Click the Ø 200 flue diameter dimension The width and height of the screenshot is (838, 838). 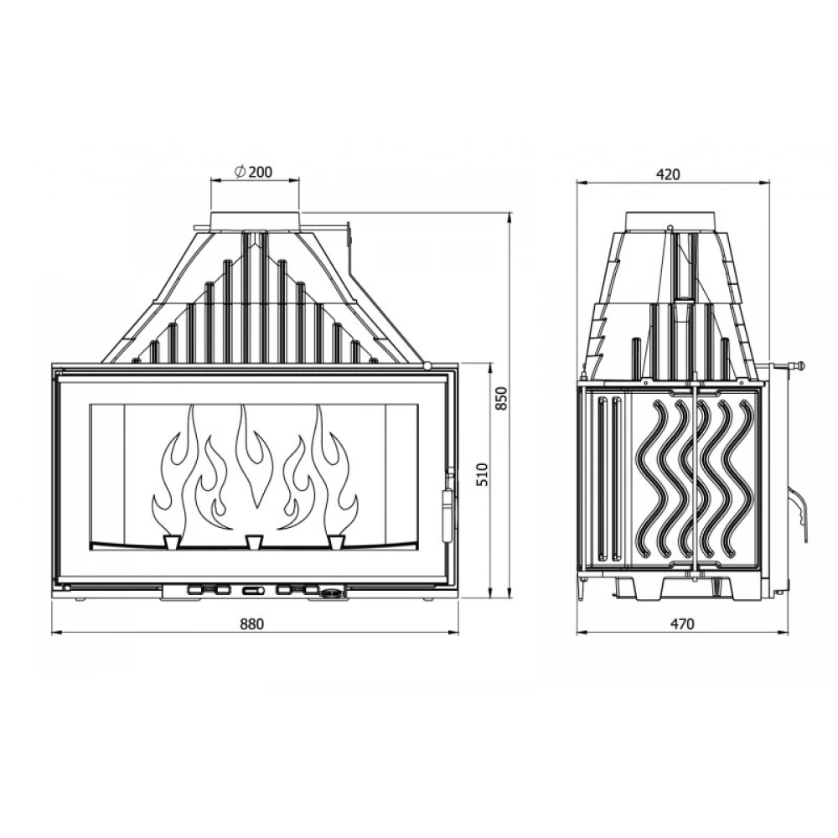coord(253,172)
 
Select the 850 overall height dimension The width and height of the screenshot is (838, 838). coord(501,398)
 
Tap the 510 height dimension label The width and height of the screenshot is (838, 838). coord(482,474)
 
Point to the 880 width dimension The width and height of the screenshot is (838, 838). coord(251,623)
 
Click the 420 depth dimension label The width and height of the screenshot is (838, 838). coord(668,174)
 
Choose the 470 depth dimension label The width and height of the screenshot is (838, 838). coord(682,623)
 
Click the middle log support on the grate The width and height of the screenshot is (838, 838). coord(253,541)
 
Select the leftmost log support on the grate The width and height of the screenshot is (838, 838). coord(172,541)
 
